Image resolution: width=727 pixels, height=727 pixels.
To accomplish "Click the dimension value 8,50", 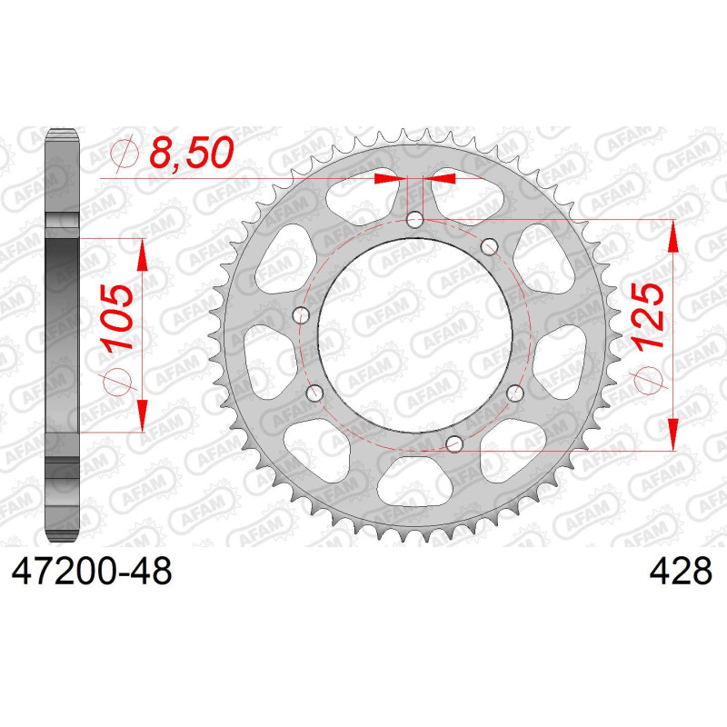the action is click(x=192, y=153).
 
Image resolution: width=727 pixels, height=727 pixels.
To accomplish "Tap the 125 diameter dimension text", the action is click(x=647, y=315).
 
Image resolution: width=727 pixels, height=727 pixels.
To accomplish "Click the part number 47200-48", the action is click(x=92, y=571).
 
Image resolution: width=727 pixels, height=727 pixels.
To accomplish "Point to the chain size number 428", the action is click(x=681, y=571).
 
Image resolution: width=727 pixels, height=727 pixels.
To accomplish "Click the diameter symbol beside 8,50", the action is click(x=124, y=153).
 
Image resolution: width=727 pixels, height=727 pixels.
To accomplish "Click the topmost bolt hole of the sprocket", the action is click(x=414, y=219).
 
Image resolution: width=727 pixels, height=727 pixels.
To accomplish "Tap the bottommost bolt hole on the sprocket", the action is click(x=454, y=443).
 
